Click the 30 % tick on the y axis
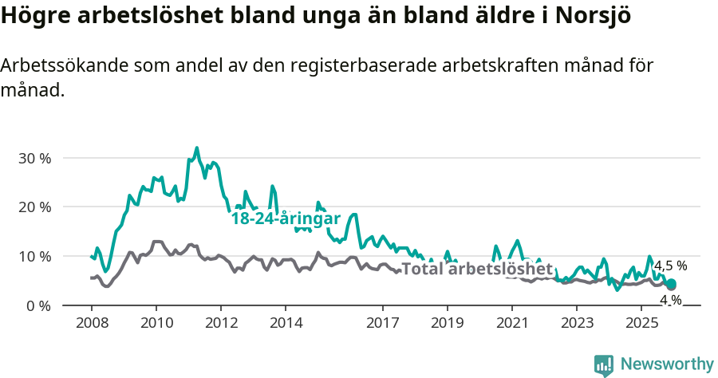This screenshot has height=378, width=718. (x=34, y=158)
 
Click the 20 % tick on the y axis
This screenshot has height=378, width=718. (x=34, y=207)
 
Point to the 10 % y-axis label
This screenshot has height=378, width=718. (x=34, y=257)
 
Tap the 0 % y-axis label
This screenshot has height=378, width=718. (x=38, y=306)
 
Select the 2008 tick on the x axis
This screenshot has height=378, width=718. (x=91, y=323)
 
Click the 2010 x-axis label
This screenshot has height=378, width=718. (x=156, y=323)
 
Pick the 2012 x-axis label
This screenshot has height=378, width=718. (x=221, y=323)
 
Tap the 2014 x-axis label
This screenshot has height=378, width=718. (x=286, y=323)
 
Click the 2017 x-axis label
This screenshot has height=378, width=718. (x=383, y=323)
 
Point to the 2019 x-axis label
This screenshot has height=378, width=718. (x=448, y=323)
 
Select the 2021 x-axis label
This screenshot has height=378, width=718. (x=512, y=323)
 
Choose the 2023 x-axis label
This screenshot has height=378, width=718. (x=577, y=323)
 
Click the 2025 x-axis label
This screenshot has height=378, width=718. (x=641, y=323)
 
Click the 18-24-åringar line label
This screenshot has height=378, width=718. (x=286, y=219)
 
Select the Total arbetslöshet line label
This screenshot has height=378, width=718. (x=476, y=269)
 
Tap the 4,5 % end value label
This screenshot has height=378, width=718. (x=670, y=266)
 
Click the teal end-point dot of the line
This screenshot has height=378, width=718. (x=671, y=285)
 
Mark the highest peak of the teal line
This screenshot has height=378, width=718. (x=197, y=148)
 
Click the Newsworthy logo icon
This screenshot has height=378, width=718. (x=604, y=365)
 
